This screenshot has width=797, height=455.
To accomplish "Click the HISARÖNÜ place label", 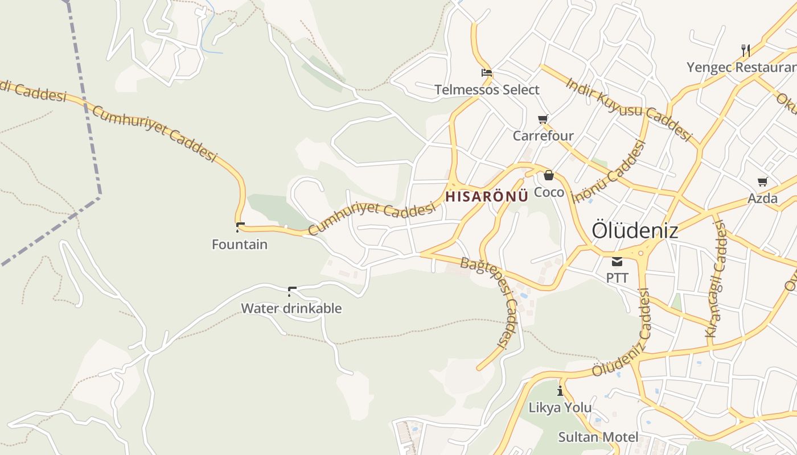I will pyautogui.click(x=487, y=197).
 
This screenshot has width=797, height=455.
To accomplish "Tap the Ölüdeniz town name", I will pyautogui.click(x=635, y=231).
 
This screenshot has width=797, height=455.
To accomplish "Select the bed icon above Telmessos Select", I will pyautogui.click(x=487, y=73).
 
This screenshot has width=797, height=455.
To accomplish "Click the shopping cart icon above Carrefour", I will pyautogui.click(x=543, y=119).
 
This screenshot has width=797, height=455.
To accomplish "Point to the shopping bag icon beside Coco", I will pyautogui.click(x=548, y=175).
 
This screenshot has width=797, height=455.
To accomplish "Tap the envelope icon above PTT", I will pyautogui.click(x=617, y=262).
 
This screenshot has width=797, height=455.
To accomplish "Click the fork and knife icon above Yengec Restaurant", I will pyautogui.click(x=746, y=50).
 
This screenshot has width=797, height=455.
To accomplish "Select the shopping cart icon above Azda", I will pyautogui.click(x=763, y=181).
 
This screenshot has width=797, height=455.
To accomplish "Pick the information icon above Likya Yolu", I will pyautogui.click(x=560, y=391).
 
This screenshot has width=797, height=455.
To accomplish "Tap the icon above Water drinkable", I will pyautogui.click(x=292, y=292).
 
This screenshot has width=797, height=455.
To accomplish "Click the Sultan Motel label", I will pyautogui.click(x=598, y=437).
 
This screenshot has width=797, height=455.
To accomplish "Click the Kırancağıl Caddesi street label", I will pyautogui.click(x=716, y=279).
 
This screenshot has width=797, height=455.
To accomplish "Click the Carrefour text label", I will pyautogui.click(x=543, y=136).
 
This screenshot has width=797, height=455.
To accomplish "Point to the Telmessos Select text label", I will pyautogui.click(x=487, y=90).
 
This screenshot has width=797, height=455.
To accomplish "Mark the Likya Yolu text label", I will pyautogui.click(x=560, y=408).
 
